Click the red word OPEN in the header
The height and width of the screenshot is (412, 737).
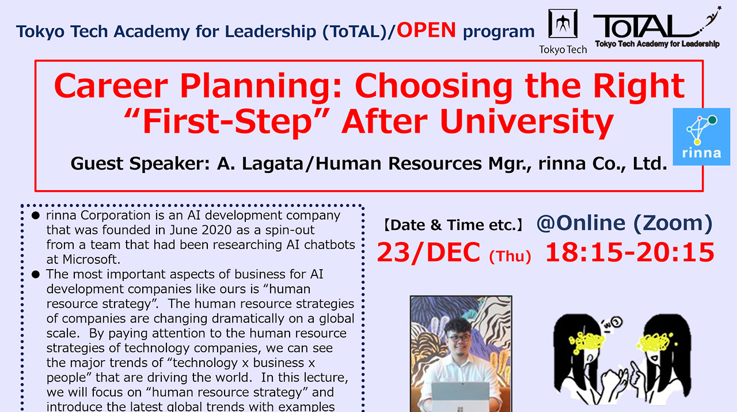pos(426,30)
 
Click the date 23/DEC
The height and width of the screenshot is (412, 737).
pos(429,252)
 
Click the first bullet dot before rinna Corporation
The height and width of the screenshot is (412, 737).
pos(36,216)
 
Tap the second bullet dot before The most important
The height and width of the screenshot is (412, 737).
pos(36,275)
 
